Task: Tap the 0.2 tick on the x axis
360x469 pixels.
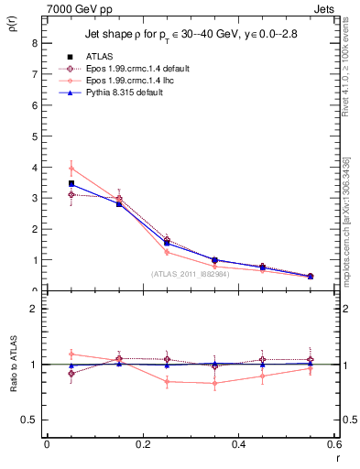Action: click(x=142, y=444)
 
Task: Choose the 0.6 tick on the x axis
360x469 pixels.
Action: click(x=334, y=444)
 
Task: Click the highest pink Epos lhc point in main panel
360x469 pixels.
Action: click(x=71, y=169)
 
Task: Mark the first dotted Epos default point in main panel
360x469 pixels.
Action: click(x=71, y=194)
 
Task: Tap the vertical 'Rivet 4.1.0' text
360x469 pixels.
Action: click(x=348, y=82)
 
